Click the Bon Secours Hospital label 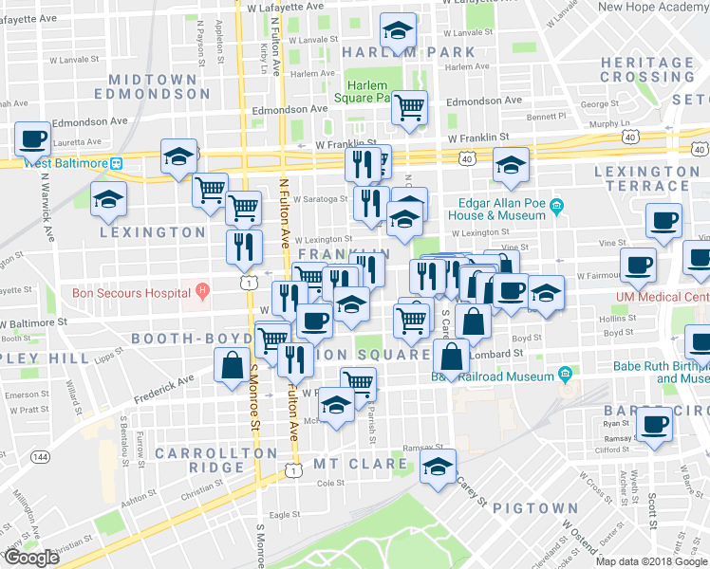coord(132,292)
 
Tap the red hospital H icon coord(201,290)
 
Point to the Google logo coord(31,558)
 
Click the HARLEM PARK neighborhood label coord(408,52)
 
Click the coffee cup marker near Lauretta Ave coord(33,138)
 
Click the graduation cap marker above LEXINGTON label coord(108,200)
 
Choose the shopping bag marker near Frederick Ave coord(233,365)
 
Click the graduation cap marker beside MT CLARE coord(438,468)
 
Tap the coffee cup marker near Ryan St coord(654,424)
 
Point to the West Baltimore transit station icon coord(116,162)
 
